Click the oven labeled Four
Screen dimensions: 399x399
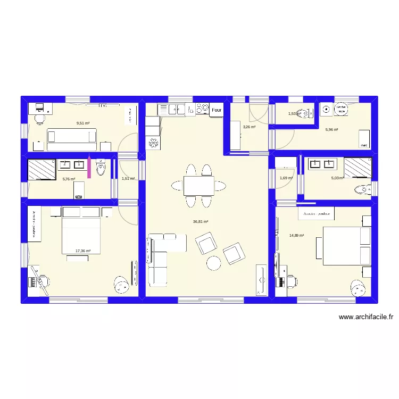216,110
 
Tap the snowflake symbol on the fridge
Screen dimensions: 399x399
152,143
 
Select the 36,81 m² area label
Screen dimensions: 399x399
201,222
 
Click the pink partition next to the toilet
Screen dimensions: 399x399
89,167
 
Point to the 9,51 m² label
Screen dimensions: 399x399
82,123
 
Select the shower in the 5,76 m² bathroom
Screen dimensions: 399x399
41,170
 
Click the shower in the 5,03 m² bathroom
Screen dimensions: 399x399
358,167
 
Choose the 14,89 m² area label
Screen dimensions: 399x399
296,235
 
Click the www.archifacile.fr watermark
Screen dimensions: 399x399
365,317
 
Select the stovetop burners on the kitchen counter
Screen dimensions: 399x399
202,109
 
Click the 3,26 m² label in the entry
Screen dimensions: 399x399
248,127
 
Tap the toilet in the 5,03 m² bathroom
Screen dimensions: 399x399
362,188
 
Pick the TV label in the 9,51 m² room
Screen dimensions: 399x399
103,105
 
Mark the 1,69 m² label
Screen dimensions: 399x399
286,178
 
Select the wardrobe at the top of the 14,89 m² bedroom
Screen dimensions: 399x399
317,213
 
